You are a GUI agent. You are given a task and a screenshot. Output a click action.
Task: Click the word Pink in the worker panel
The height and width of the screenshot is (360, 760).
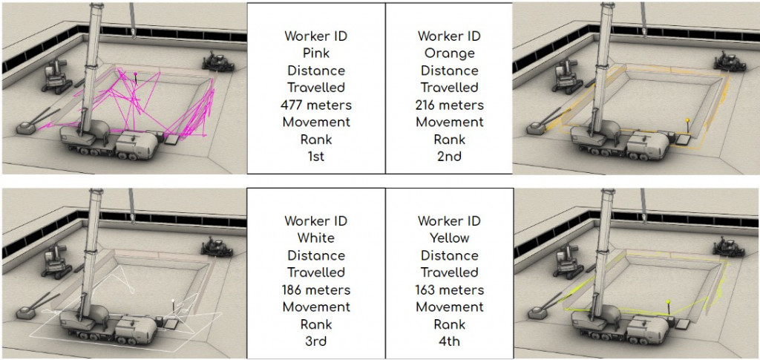tap(316, 53)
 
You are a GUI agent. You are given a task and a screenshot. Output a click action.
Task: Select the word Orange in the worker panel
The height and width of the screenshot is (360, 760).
tap(449, 53)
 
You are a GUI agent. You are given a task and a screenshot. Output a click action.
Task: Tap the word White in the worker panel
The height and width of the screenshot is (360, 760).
tap(316, 238)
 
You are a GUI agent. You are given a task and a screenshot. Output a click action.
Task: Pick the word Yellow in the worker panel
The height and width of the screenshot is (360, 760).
tap(449, 238)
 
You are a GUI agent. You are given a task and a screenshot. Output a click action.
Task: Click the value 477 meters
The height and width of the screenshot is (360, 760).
tap(316, 105)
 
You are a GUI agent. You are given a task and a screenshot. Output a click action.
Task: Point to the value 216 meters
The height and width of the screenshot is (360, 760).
tap(449, 105)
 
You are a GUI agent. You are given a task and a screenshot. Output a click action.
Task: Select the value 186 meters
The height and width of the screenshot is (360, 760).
tap(316, 289)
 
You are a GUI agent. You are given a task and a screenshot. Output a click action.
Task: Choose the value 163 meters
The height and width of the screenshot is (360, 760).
tap(449, 289)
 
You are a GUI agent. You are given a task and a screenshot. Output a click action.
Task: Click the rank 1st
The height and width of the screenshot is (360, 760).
tap(316, 157)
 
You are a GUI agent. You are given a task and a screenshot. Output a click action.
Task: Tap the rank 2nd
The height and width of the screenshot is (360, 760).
tap(449, 157)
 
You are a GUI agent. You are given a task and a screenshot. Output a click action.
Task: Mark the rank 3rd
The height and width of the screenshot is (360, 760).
tap(316, 341)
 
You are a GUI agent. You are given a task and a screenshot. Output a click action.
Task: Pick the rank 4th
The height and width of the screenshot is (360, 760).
tap(449, 341)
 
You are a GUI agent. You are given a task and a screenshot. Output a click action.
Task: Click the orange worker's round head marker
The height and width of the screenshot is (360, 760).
tap(688, 120)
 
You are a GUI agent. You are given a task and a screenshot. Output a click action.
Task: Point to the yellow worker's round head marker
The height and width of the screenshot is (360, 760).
tap(668, 302)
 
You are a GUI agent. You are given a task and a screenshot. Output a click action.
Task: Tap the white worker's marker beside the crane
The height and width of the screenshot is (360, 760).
tap(174, 302)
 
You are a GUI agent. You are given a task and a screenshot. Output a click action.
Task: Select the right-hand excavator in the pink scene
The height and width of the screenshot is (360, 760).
tap(218, 60)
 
